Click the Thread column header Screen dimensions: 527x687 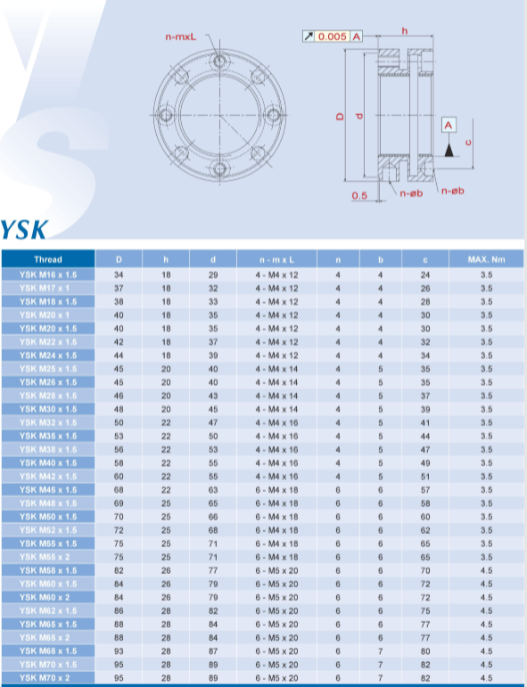[x=48, y=259]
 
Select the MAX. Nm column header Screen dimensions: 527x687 [x=486, y=259]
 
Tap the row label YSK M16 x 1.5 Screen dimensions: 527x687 [x=48, y=274]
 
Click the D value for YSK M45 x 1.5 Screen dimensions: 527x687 [x=119, y=490]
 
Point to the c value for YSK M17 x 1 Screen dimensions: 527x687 [x=425, y=289]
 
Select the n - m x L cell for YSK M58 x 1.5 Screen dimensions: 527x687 [x=276, y=570]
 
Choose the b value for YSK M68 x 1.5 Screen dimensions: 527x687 [x=381, y=651]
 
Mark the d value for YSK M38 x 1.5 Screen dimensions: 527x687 [x=213, y=449]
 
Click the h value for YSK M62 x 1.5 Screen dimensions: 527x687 [x=166, y=610]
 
